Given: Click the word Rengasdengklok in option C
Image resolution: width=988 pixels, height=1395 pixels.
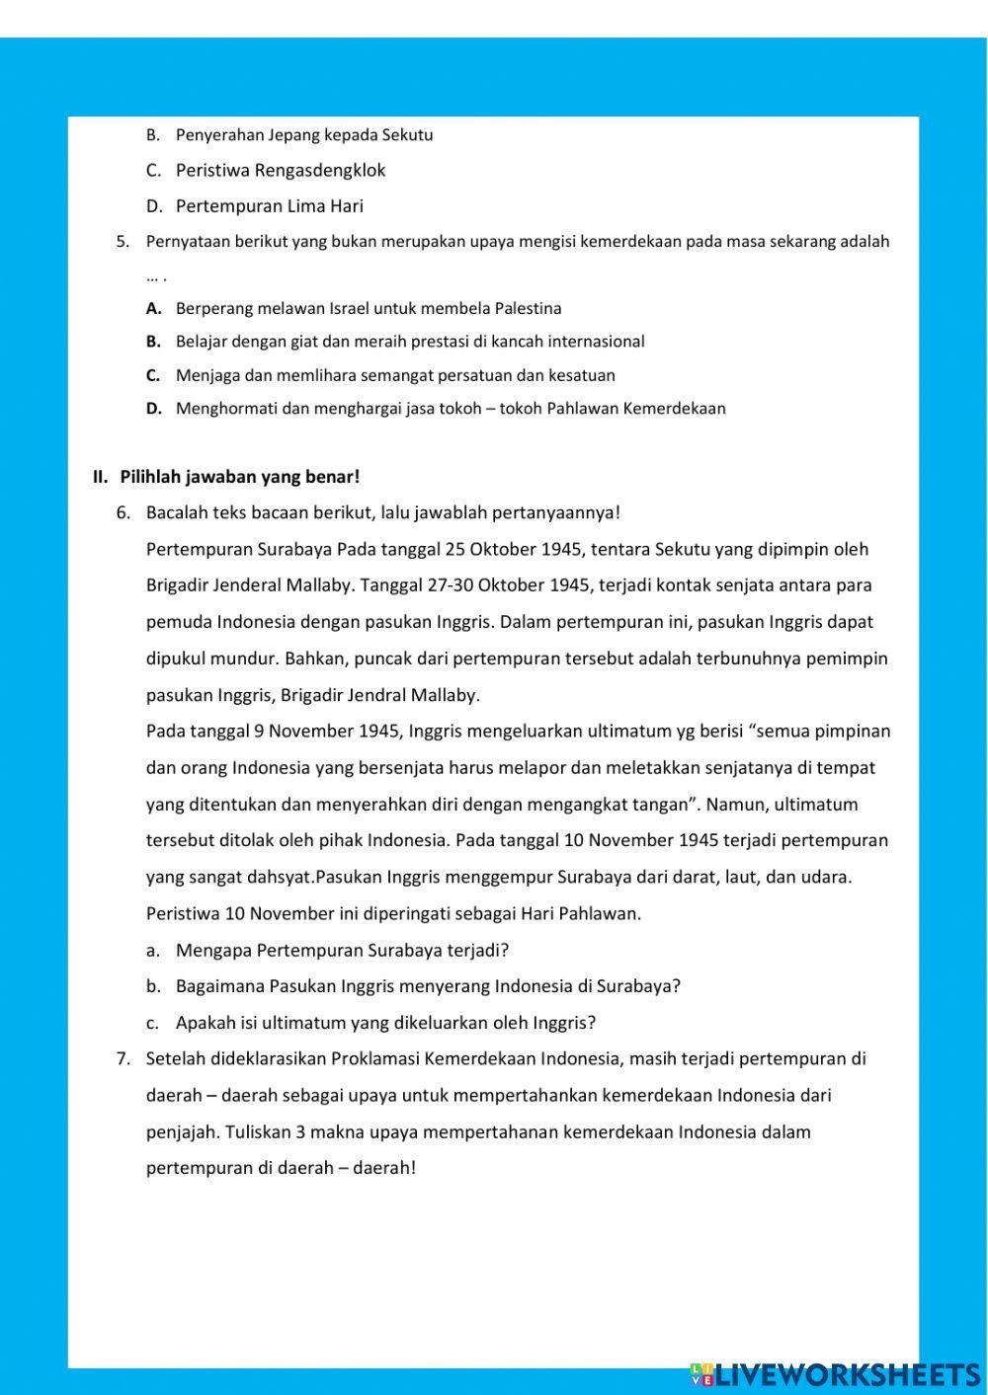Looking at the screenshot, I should click(x=320, y=171).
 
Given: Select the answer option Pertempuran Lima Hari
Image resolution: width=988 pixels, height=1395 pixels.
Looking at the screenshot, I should click(x=269, y=206).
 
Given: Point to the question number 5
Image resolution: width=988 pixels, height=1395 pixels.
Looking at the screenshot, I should click(x=123, y=242).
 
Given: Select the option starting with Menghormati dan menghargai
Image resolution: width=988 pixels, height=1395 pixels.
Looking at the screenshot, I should click(x=450, y=409).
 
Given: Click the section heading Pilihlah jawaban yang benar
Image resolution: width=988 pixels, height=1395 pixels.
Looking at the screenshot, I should click(x=239, y=478).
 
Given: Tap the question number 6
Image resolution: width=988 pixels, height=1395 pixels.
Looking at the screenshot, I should click(x=123, y=513).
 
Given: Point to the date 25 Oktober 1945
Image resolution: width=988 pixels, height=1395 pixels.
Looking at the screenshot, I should click(x=514, y=550).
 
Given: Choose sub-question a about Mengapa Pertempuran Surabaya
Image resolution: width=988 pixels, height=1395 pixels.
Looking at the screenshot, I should click(x=342, y=951).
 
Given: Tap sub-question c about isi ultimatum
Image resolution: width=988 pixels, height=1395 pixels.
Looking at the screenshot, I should click(x=385, y=1023).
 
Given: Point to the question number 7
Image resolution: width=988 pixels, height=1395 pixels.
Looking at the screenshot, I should click(x=123, y=1059).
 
